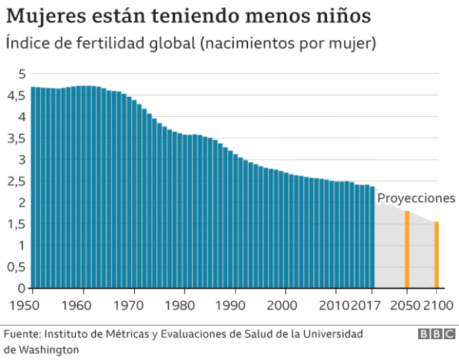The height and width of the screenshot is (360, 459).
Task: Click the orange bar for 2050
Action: (407, 250)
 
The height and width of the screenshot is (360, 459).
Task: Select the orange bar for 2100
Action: (437, 255)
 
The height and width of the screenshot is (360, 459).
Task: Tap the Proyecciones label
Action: (415, 198)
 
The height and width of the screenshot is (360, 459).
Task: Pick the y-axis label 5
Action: (22, 74)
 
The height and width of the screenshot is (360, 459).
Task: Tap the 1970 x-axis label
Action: (132, 305)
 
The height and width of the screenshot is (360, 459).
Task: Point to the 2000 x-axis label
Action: (283, 305)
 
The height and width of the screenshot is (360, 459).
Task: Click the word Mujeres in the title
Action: (39, 16)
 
